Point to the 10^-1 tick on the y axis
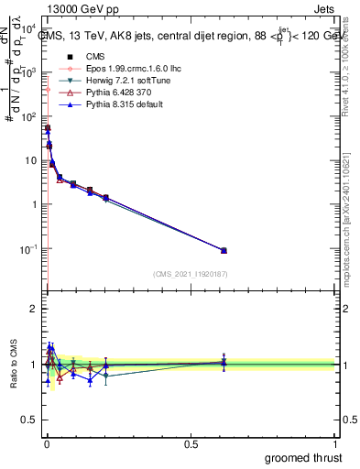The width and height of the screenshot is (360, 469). pos(30,249)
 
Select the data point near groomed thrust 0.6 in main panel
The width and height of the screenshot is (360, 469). pos(224,250)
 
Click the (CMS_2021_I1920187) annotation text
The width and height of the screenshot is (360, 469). pos(190,275)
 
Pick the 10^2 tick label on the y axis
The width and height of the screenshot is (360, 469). pos(30,117)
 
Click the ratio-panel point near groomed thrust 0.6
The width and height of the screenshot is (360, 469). pos(224,362)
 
